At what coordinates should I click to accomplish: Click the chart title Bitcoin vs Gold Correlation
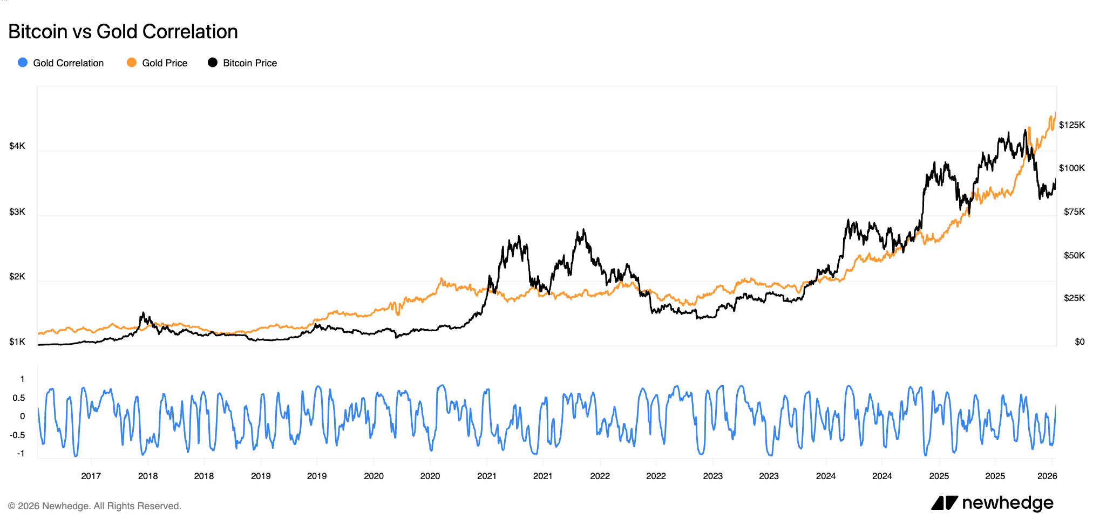point(123,32)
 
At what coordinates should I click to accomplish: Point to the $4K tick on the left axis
point(17,146)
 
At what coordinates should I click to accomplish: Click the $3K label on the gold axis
point(17,211)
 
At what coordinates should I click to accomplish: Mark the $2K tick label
point(17,277)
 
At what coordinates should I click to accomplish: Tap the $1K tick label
point(17,342)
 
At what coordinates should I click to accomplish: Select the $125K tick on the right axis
point(1071,125)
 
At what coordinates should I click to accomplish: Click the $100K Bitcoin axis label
point(1071,168)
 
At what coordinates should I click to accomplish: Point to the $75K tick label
point(1074,212)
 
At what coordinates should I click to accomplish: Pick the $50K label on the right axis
point(1074,255)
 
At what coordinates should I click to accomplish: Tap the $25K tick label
point(1074,298)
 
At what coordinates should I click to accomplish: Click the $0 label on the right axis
point(1079,342)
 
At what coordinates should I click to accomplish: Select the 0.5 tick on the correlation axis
point(19,398)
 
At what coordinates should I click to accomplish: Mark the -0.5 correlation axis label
point(18,435)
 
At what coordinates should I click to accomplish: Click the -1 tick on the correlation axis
point(21,454)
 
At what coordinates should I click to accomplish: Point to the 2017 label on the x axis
point(91,476)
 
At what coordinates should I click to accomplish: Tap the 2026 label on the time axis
point(1047,476)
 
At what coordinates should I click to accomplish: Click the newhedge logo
point(992,503)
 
